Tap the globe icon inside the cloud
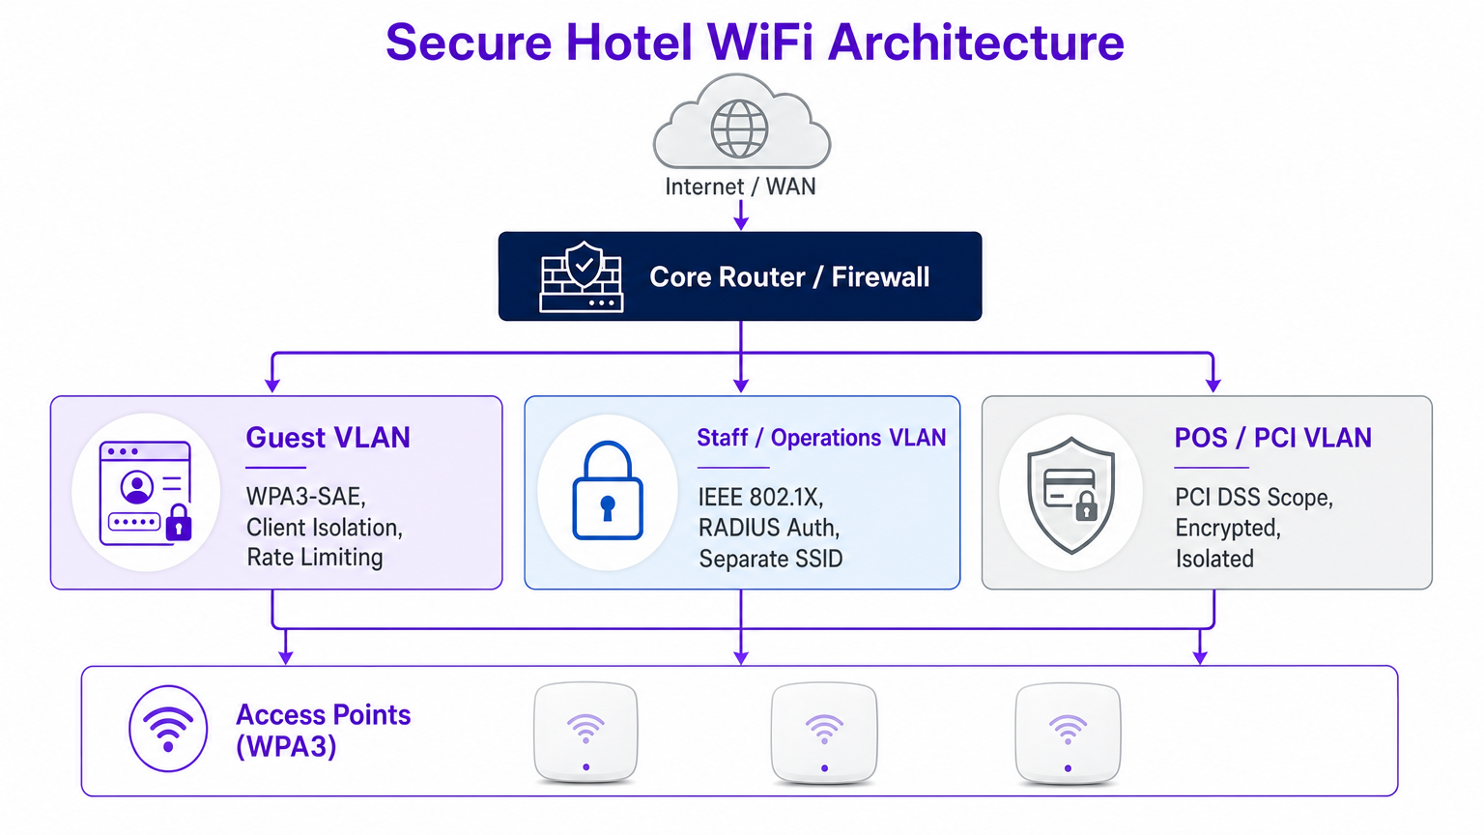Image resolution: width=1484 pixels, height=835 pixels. [x=739, y=129]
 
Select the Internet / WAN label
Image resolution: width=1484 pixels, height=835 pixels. [x=740, y=187]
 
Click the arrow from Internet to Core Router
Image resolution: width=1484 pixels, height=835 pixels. [x=741, y=215]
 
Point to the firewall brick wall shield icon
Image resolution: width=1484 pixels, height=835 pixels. [x=582, y=276]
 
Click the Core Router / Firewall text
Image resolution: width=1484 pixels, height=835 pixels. [x=789, y=277]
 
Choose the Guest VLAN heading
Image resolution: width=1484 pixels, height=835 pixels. [x=328, y=438]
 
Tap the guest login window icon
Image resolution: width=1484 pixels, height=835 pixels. [x=146, y=493]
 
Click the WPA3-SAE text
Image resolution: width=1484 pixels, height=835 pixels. [x=305, y=497]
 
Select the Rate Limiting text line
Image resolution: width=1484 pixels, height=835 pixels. [x=315, y=558]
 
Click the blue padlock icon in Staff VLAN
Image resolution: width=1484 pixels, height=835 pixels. [x=607, y=492]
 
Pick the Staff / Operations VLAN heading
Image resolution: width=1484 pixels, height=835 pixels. [x=821, y=438]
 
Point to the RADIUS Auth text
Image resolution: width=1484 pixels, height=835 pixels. [x=769, y=528]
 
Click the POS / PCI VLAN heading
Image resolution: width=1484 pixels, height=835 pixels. [x=1272, y=438]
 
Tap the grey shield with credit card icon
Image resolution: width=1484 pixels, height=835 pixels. [x=1070, y=494]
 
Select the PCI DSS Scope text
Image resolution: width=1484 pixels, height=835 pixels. [x=1253, y=498]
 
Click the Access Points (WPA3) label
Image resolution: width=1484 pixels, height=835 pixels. [x=323, y=731]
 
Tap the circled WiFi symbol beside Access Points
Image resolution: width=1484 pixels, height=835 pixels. [x=168, y=729]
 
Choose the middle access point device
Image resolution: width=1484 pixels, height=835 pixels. [x=824, y=732]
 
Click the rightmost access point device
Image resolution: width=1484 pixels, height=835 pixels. [x=1068, y=732]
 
